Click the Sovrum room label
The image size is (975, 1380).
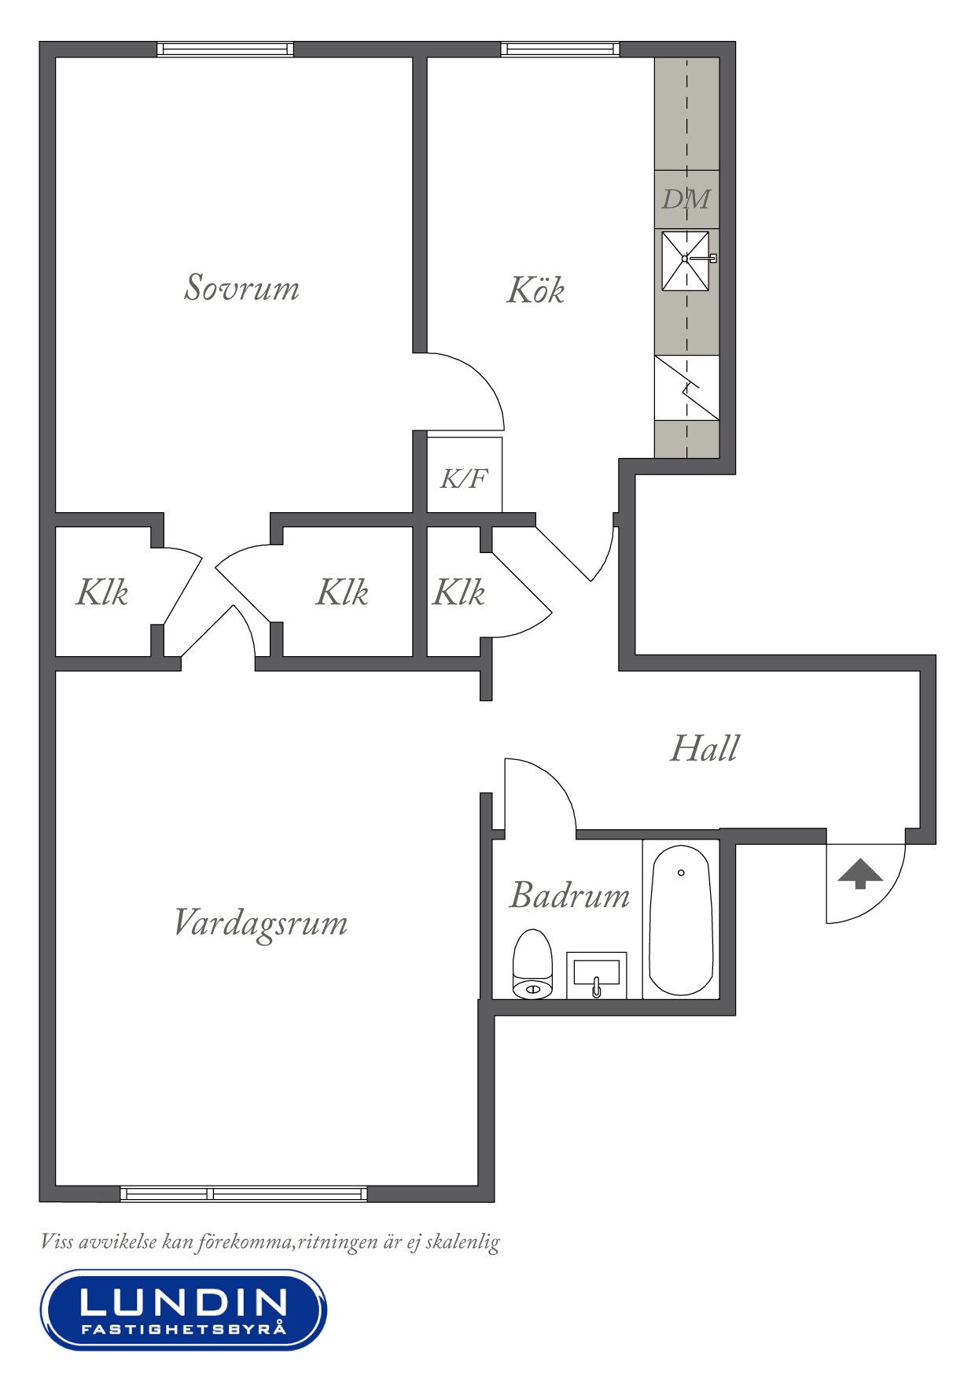point(242,287)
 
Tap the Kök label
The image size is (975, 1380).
point(536,290)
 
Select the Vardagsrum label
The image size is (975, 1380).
point(260,924)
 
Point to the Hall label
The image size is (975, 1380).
point(705,748)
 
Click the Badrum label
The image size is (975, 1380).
point(570,895)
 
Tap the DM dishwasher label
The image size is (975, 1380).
point(686,199)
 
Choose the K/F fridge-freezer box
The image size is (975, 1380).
point(465,475)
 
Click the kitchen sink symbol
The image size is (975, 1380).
point(686,260)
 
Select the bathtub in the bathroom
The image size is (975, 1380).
point(681,921)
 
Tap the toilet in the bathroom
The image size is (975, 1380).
point(532,965)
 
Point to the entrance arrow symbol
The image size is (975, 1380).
point(860,874)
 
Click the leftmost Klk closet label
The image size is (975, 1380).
point(102,592)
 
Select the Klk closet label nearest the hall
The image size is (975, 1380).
point(459,592)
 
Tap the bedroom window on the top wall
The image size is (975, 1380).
point(225,50)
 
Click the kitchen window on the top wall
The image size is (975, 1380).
point(560,50)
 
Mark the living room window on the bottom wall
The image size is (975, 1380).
point(244,1194)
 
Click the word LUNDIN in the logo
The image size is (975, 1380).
point(183,1303)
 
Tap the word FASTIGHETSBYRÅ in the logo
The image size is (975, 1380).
point(183,1329)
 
